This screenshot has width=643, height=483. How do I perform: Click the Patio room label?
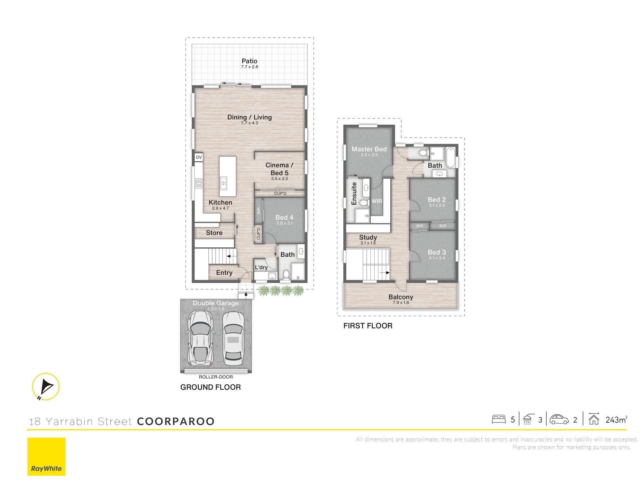[249, 61]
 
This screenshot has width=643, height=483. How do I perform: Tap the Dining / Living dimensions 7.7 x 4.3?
[249, 123]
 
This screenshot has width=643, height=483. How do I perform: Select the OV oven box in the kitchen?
[199, 157]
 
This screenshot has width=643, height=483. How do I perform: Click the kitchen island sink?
[223, 183]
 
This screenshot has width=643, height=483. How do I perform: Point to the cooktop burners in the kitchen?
[199, 183]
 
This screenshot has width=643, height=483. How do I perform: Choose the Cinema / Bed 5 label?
[279, 169]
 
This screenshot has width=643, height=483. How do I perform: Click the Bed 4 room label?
[284, 218]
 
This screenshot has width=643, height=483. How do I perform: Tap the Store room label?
[214, 233]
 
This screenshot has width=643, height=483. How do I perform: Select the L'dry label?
[261, 267]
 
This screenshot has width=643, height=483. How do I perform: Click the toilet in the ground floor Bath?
[286, 274]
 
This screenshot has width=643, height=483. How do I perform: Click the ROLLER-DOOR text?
[216, 377]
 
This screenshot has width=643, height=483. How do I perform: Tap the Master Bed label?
[369, 149]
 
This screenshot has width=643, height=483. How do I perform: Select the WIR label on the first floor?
[377, 201]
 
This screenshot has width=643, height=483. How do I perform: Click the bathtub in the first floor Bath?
[450, 157]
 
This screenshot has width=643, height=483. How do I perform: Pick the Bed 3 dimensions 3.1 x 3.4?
[437, 258]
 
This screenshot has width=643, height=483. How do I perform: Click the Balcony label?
[401, 297]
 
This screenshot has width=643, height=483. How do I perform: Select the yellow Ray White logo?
[46, 456]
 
